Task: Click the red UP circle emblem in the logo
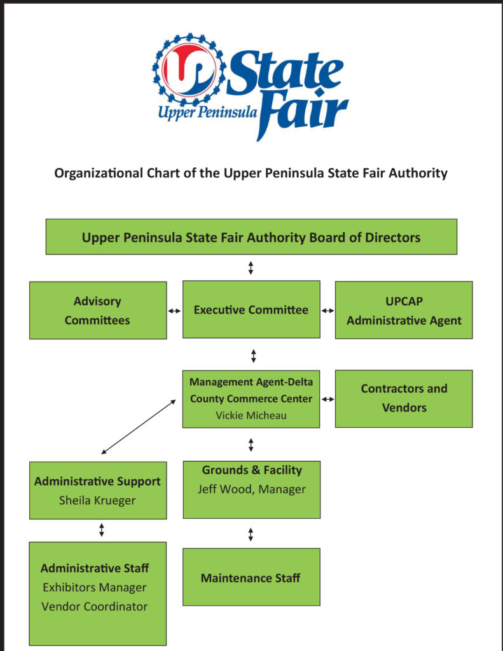click(x=188, y=69)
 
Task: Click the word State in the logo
click(x=286, y=72)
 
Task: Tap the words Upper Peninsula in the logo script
click(x=207, y=113)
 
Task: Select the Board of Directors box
click(x=251, y=236)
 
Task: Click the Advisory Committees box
click(x=98, y=310)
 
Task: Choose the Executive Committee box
click(x=251, y=310)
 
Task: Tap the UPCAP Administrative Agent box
click(x=404, y=310)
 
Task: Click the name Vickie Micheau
click(x=251, y=415)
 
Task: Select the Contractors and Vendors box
click(x=404, y=399)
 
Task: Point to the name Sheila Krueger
click(x=97, y=500)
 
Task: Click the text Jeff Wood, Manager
click(x=252, y=489)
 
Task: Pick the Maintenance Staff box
click(x=251, y=577)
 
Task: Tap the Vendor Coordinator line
click(x=95, y=606)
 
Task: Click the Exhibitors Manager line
click(x=95, y=587)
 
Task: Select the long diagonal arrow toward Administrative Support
click(x=139, y=427)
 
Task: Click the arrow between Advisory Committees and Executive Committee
click(x=174, y=310)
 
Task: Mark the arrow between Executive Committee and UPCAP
click(x=327, y=310)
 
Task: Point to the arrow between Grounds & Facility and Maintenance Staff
click(x=251, y=534)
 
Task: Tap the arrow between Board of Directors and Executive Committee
click(x=251, y=268)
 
